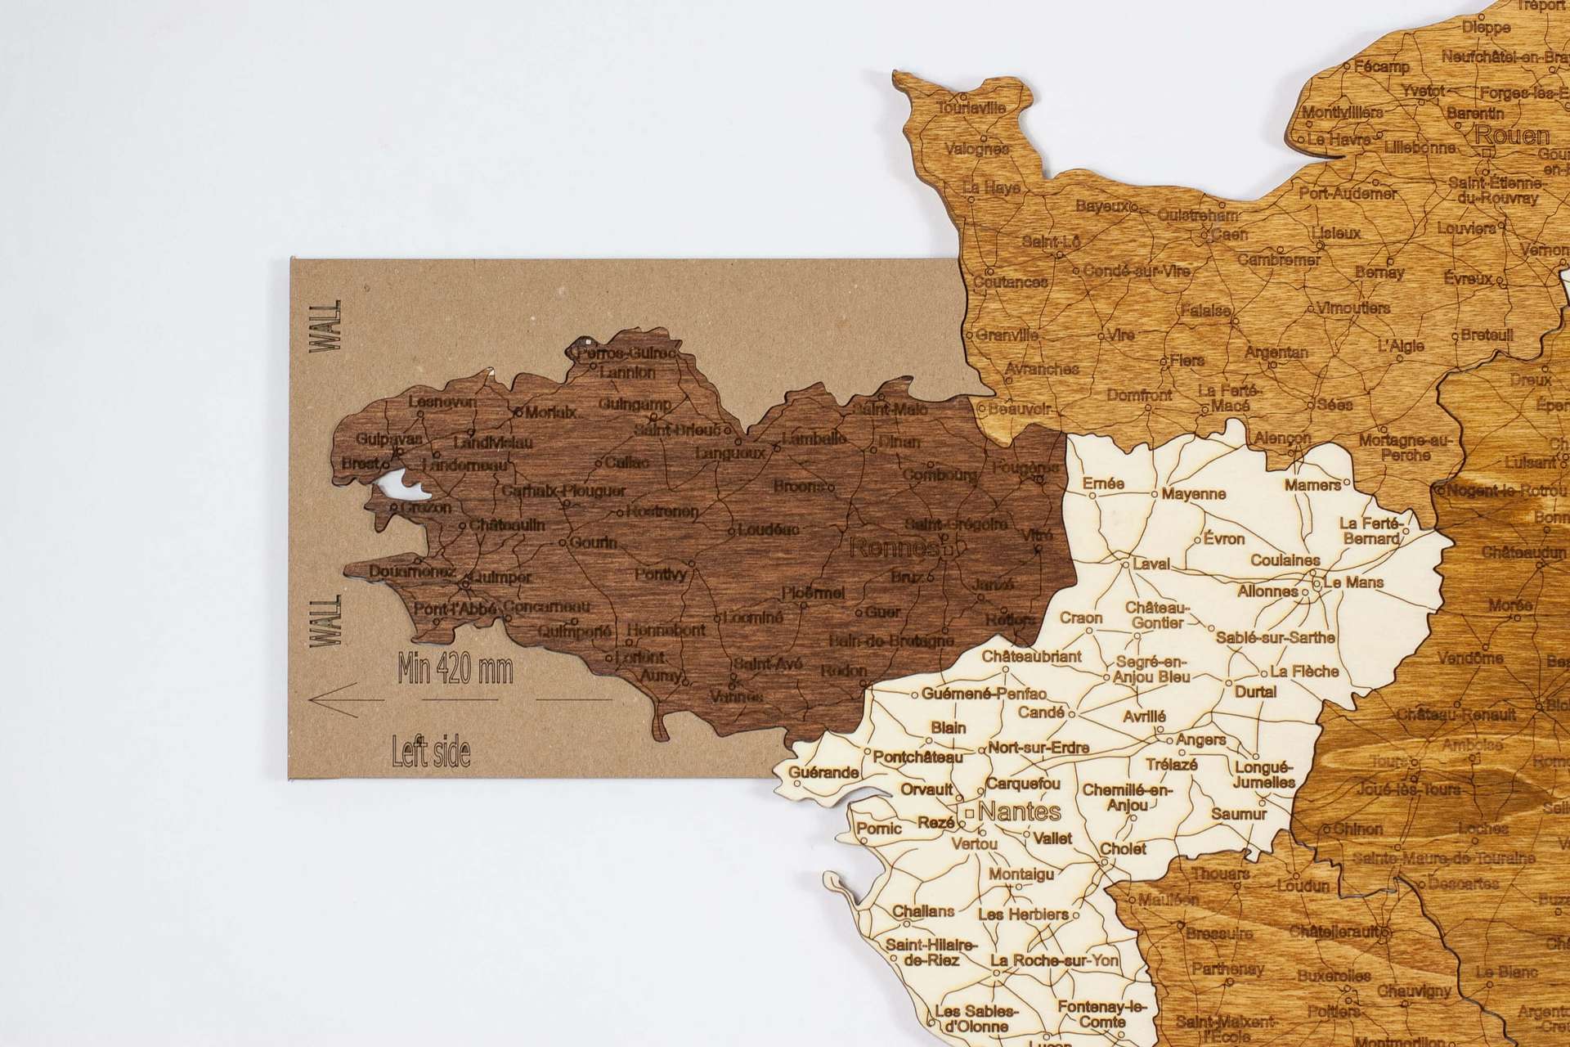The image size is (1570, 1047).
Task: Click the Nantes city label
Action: pos(1019,812)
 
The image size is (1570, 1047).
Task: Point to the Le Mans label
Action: pos(1353,582)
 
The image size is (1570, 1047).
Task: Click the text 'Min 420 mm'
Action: pos(455,670)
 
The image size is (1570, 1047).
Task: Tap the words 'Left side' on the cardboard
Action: pos(431,750)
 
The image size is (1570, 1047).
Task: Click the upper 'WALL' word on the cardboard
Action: pos(328,326)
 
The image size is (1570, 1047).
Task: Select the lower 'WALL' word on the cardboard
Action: pos(328,622)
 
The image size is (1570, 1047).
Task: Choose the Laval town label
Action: pos(1151,564)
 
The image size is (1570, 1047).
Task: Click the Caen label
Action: pos(1230,234)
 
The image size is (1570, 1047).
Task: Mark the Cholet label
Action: pos(1123,849)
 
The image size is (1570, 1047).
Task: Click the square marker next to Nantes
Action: pos(969,813)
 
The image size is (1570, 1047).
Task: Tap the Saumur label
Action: pos(1239,814)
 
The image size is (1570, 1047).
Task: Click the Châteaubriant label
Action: pos(1031,656)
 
